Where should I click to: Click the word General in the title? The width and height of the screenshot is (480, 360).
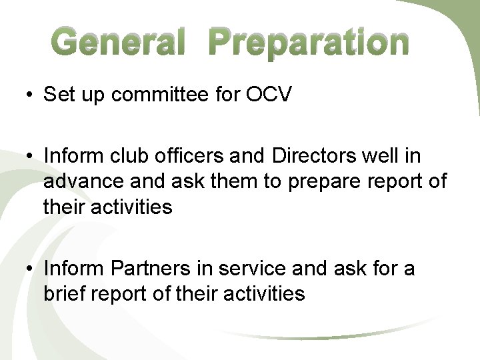(118, 43)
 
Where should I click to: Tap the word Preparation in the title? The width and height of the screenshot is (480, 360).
(307, 43)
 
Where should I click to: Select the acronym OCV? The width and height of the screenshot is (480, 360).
(269, 95)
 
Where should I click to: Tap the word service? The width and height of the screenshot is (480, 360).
(253, 269)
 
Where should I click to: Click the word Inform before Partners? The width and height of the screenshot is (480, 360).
(73, 269)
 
